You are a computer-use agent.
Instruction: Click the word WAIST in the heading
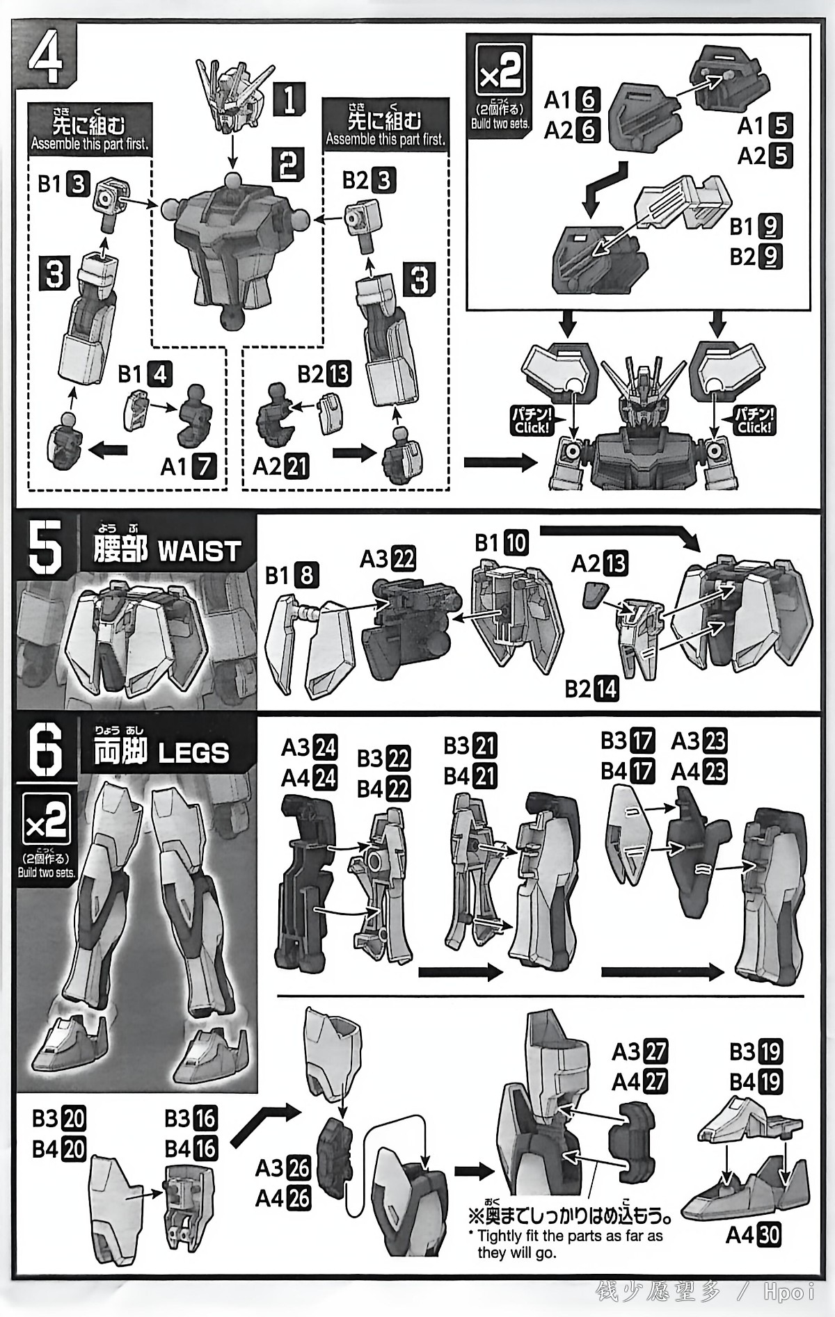[x=199, y=551]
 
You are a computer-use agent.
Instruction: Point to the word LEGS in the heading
[x=193, y=753]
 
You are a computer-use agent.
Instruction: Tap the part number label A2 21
[x=281, y=466]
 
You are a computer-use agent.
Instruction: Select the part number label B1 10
[x=502, y=542]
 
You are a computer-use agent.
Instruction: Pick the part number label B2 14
[x=591, y=688]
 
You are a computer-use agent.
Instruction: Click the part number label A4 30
[x=753, y=1235]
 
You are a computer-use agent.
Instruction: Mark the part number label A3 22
[x=388, y=558]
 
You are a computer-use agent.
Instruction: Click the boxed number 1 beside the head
[x=289, y=98]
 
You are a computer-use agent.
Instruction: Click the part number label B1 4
[x=145, y=375]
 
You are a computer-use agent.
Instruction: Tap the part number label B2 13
[x=324, y=374]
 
